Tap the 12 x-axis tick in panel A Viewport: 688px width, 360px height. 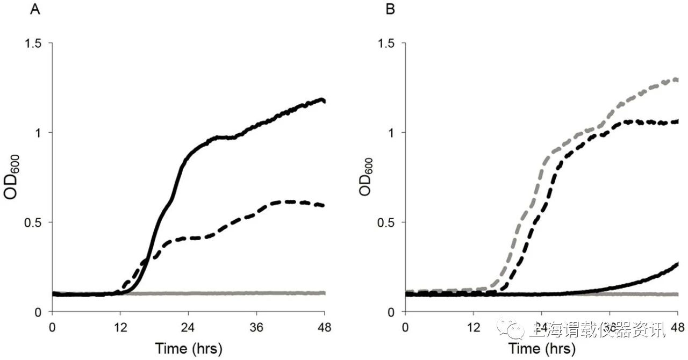click(x=120, y=326)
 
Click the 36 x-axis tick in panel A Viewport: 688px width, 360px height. click(x=256, y=326)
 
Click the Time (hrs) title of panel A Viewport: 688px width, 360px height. click(x=188, y=348)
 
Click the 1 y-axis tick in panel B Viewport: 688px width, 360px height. click(x=395, y=133)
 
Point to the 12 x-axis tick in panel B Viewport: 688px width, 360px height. click(x=473, y=326)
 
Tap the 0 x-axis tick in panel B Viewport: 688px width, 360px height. click(x=405, y=326)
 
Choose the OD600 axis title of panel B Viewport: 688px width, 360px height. click(x=367, y=177)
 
